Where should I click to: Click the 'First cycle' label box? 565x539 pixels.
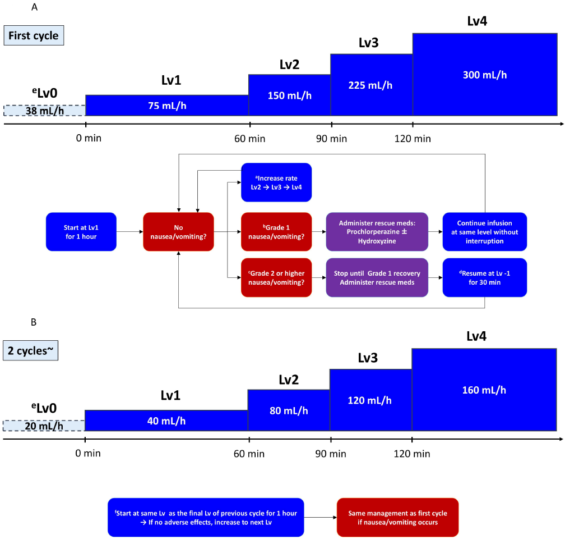34,35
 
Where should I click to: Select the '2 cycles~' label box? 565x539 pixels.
31,350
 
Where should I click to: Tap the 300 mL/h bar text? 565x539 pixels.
485,75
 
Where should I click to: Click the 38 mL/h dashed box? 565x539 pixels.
45,111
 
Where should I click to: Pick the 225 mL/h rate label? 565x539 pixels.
370,85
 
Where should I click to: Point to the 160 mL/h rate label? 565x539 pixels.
484,390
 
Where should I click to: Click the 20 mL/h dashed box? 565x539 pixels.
44,426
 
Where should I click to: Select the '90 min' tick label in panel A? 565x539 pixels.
331,139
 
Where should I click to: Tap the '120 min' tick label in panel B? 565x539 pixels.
412,454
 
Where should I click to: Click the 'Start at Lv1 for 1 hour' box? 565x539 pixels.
81,232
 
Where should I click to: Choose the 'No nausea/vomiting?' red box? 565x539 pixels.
178,232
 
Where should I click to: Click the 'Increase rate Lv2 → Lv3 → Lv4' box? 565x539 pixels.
276,182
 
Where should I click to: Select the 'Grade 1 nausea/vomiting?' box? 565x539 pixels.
276,232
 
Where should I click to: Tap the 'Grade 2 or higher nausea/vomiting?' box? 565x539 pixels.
276,277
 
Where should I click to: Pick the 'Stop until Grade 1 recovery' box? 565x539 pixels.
377,277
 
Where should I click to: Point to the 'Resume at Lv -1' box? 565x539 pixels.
485,277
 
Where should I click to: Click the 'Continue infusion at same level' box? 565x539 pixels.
485,232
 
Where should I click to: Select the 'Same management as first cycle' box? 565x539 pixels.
397,517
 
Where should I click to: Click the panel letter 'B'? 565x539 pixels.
34,322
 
